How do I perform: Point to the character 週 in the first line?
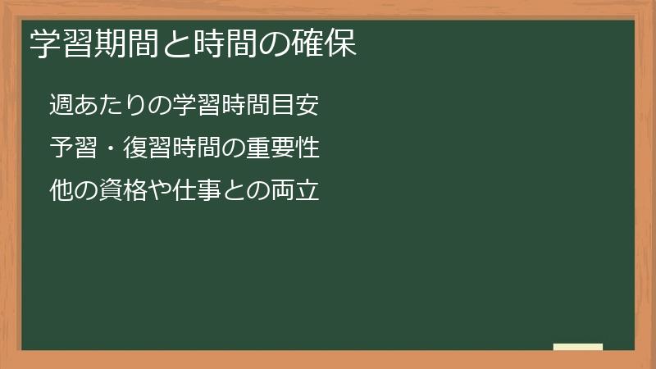point(62,105)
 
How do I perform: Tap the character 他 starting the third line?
point(62,192)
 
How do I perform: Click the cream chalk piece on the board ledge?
point(578,347)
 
